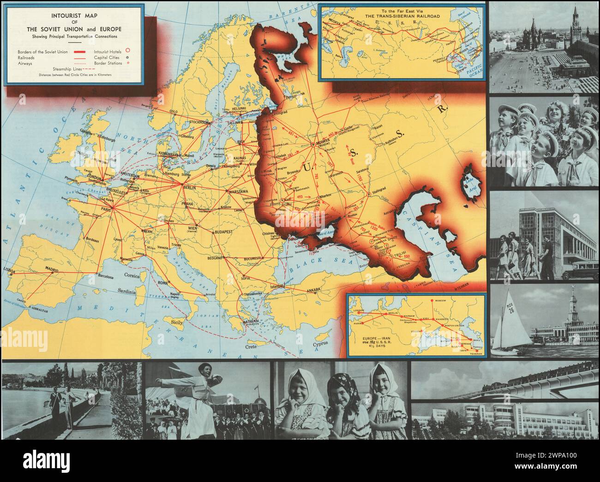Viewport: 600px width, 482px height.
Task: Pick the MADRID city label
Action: coord(54,268)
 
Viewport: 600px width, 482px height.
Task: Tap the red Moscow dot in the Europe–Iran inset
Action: coord(432,300)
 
